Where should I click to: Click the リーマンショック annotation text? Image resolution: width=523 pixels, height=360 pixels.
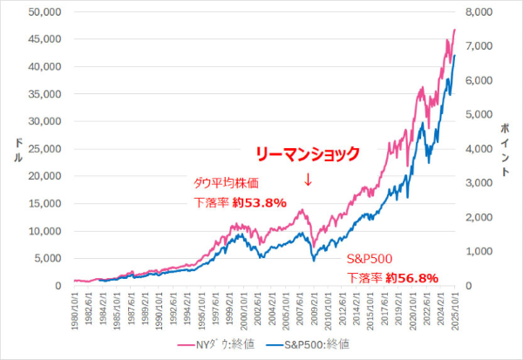click(307, 154)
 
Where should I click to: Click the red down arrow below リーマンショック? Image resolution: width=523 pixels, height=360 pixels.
click(307, 180)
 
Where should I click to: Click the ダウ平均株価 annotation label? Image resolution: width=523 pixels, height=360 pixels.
click(226, 183)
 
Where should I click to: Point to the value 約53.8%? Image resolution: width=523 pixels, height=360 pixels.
click(258, 203)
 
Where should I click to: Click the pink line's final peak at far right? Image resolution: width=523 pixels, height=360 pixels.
click(454, 30)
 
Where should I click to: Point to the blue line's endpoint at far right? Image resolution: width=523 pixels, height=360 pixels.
click(454, 55)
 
